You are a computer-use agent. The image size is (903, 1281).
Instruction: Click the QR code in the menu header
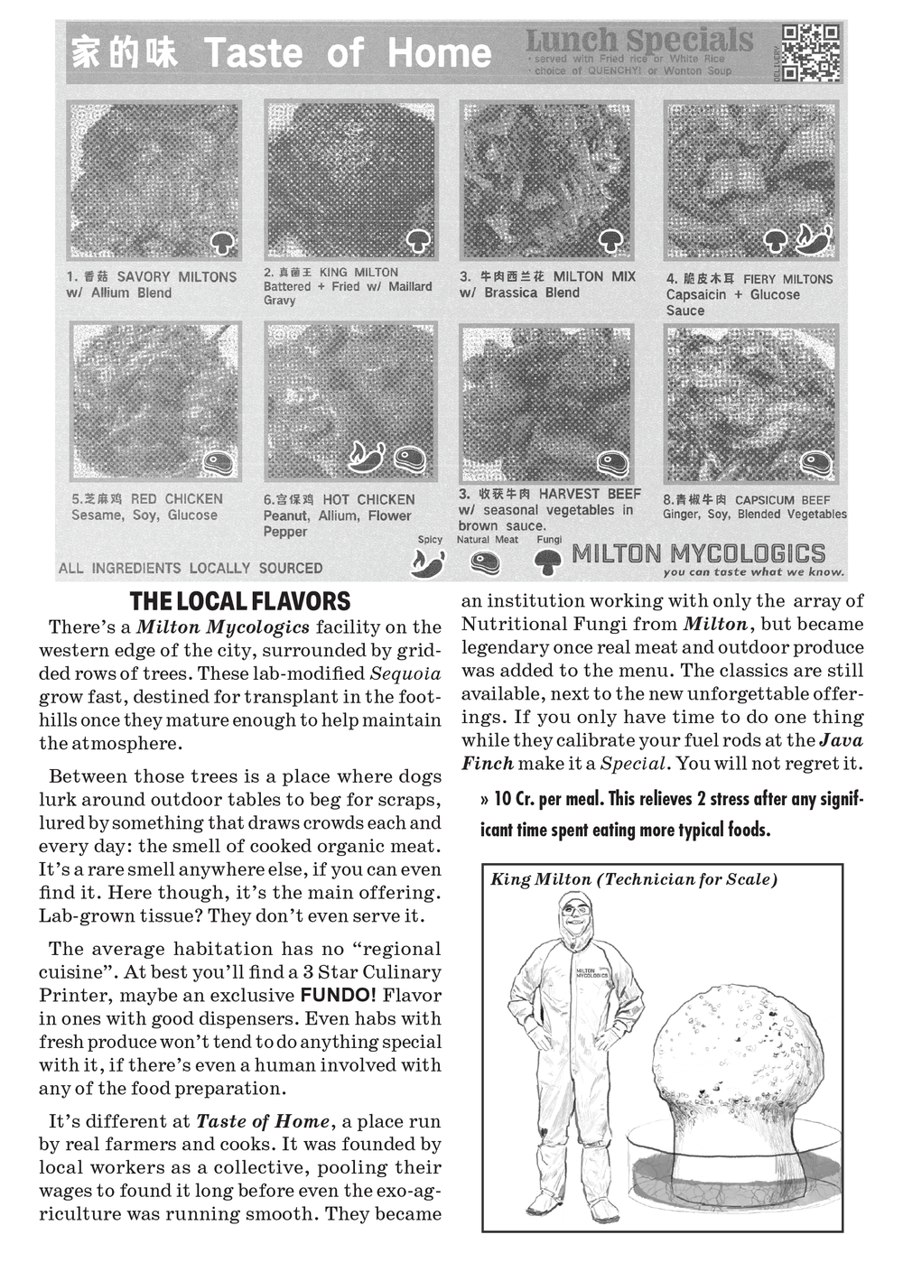pos(810,53)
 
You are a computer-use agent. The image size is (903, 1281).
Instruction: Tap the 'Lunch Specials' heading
pos(638,41)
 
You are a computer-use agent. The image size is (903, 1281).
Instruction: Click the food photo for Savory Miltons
pos(154,181)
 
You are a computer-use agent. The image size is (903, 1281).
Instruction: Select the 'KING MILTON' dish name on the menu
pos(358,273)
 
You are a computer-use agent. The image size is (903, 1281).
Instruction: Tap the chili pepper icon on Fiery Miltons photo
pos(815,238)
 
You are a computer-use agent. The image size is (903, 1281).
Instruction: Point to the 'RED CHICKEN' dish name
pos(177,499)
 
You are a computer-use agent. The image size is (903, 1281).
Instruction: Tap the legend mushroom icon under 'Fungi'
pos(546,562)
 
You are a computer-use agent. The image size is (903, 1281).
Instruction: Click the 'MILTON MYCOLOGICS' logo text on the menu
pos(699,553)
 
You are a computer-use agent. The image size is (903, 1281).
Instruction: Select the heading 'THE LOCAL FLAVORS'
pos(240,602)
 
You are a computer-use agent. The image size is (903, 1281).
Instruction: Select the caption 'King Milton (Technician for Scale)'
pos(634,879)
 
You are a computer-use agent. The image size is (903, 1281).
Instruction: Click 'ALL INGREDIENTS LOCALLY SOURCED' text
pos(191,569)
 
